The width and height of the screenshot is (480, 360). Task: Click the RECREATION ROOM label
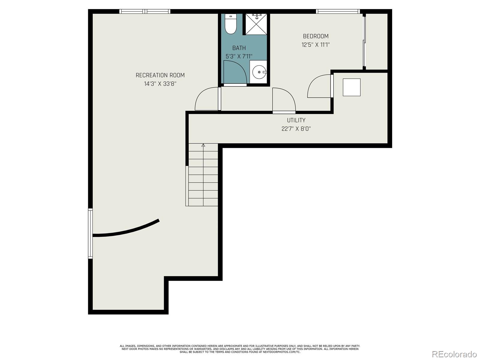(x=160, y=75)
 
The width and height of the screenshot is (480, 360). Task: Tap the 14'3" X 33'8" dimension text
(x=160, y=84)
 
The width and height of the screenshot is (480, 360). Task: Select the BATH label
(x=239, y=48)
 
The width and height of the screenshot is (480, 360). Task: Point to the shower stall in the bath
(x=256, y=24)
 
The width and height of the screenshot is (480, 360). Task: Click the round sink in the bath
(x=259, y=72)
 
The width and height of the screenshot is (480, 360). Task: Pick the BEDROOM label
(x=316, y=36)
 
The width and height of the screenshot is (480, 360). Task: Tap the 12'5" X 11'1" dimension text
(x=316, y=45)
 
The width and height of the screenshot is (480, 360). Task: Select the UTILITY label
(x=296, y=120)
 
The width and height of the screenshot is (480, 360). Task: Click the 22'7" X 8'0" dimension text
(x=296, y=129)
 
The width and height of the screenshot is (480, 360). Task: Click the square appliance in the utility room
(x=352, y=87)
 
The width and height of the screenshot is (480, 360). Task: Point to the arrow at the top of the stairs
(x=203, y=145)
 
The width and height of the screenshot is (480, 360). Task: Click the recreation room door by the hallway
(x=207, y=99)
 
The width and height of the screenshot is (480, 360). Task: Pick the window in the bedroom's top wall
(x=337, y=12)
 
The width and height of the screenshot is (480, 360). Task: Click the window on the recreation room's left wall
(x=90, y=233)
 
